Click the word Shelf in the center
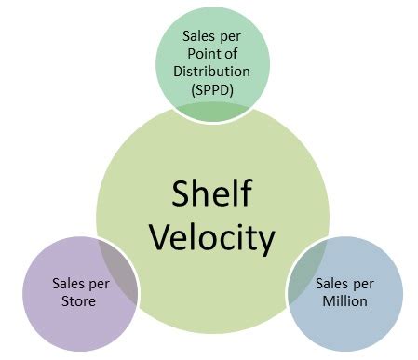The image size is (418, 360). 212,193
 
